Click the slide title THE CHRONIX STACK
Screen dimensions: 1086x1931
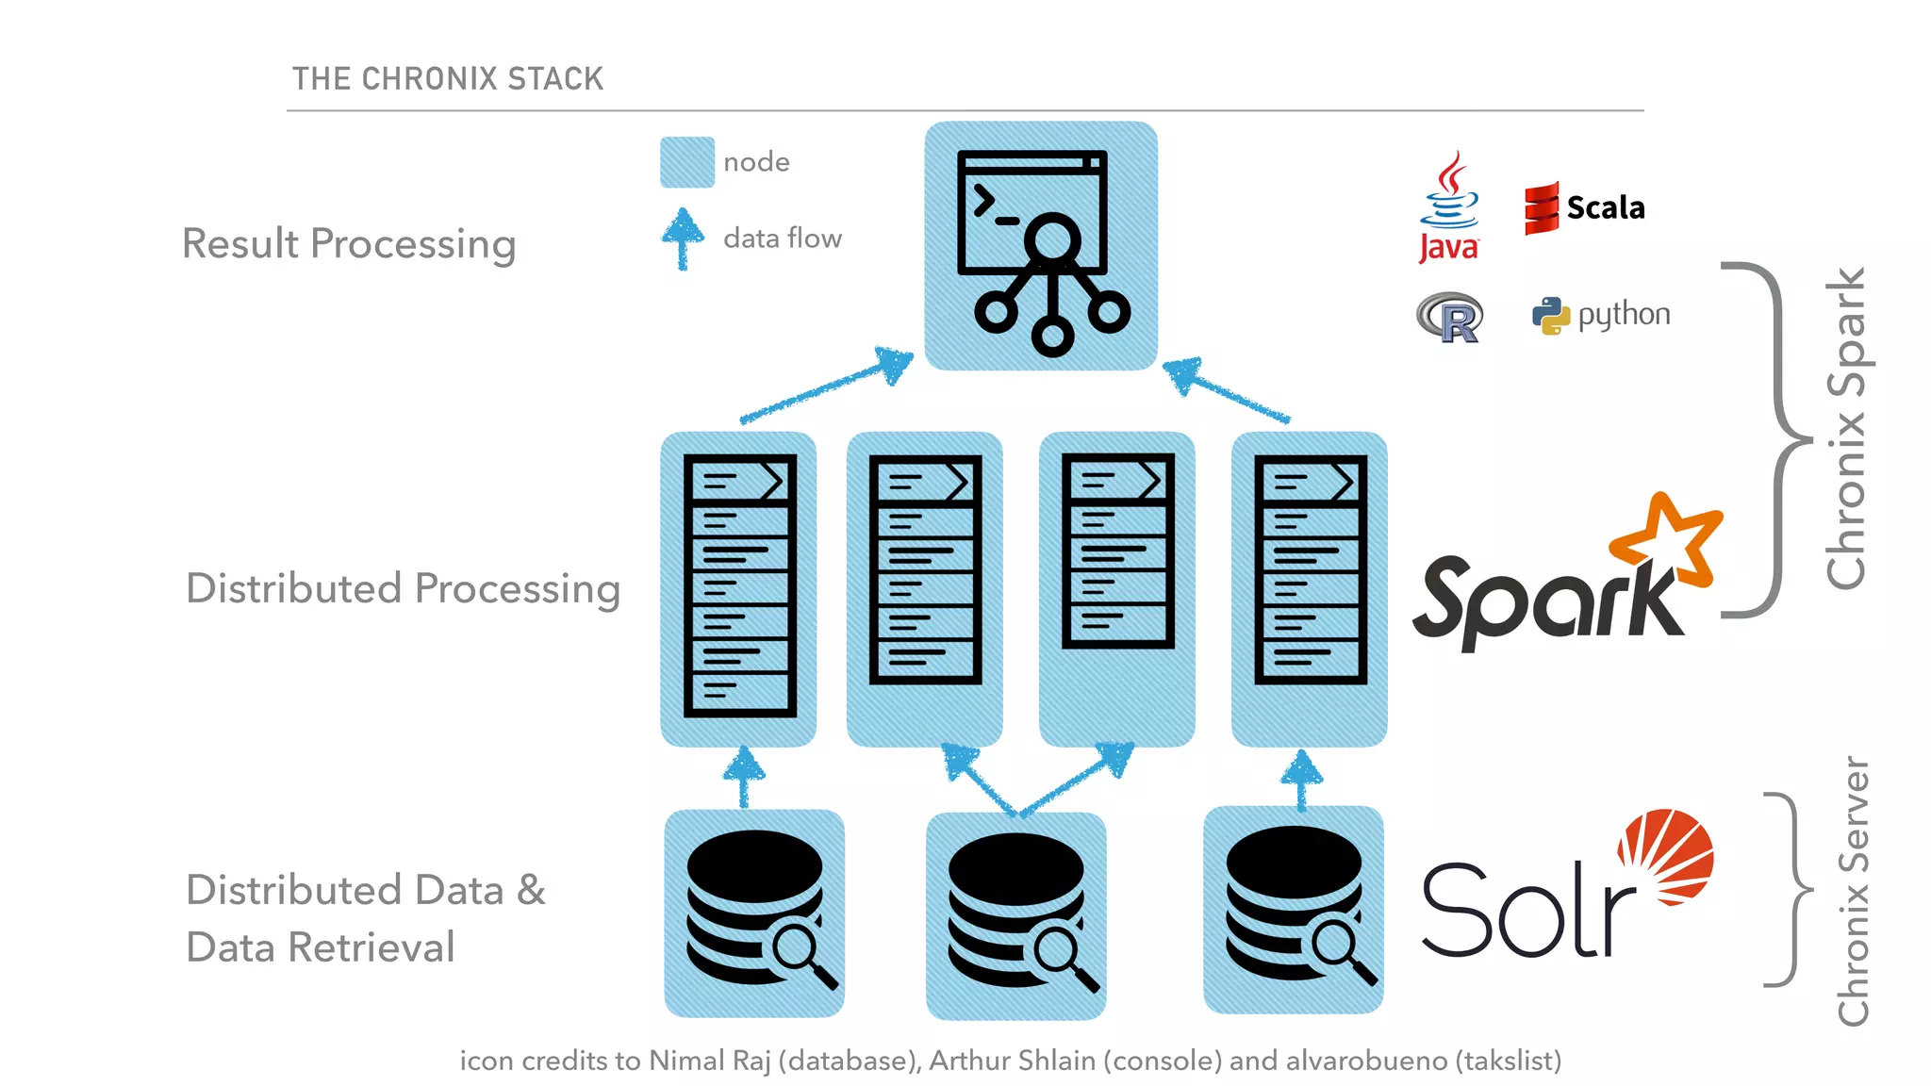coord(447,78)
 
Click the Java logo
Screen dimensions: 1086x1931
coord(1449,207)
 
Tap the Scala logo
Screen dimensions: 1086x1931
coord(1584,207)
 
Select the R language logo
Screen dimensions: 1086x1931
coord(1450,318)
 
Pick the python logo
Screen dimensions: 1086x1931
coord(1601,315)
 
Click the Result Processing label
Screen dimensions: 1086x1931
coord(349,243)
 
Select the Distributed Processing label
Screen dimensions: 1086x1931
coord(403,588)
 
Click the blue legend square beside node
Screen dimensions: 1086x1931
coord(686,162)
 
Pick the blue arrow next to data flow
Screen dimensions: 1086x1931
coord(683,238)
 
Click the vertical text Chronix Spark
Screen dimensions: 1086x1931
coord(1846,429)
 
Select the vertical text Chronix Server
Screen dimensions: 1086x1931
coord(1853,891)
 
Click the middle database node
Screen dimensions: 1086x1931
coord(1015,914)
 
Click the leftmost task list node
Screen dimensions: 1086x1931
coord(738,588)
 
